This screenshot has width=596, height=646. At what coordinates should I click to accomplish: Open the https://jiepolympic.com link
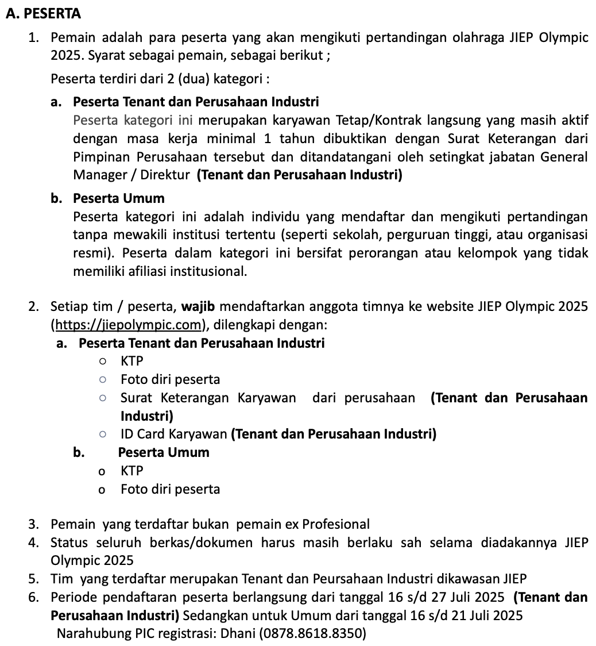127,325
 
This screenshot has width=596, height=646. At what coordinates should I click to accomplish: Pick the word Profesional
336,524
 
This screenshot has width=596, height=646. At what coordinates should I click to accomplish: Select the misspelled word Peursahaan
349,579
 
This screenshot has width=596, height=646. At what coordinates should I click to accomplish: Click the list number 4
33,543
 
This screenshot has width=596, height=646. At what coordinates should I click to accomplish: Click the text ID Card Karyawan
174,434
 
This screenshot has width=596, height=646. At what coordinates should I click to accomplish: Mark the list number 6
33,597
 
